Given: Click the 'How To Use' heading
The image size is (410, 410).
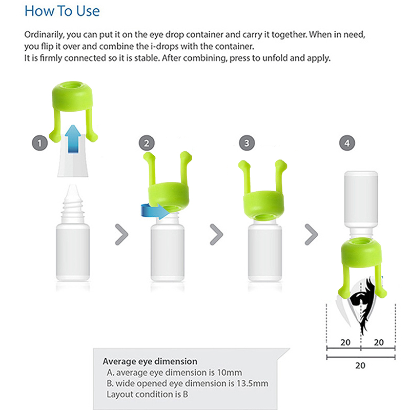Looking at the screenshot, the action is tap(62, 11).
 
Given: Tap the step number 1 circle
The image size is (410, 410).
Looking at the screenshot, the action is tap(40, 143).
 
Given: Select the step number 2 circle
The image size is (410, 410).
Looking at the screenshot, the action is tap(147, 143).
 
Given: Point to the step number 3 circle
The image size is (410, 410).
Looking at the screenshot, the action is tap(247, 143).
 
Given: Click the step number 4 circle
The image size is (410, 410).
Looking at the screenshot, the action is tap(347, 143).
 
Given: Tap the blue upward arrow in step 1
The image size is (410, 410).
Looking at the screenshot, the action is tap(73, 138).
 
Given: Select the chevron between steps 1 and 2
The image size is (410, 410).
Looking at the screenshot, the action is tap(121, 234).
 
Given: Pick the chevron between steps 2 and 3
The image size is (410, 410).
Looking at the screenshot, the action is tap(216, 234).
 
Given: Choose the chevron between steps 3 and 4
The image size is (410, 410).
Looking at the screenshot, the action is tap(312, 234).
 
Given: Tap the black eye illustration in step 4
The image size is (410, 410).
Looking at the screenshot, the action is tap(362, 303).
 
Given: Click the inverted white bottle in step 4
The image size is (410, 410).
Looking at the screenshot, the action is tap(361, 201).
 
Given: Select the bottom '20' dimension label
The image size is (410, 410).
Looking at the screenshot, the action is tap(360, 365).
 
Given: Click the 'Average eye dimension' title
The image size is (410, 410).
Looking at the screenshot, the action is tap(150, 361).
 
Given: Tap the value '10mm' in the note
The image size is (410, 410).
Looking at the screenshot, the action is tap(230, 373).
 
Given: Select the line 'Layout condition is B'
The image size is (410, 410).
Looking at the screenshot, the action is tap(147, 394).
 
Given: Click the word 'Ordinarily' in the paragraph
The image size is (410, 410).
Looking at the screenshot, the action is tap(44, 35).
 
